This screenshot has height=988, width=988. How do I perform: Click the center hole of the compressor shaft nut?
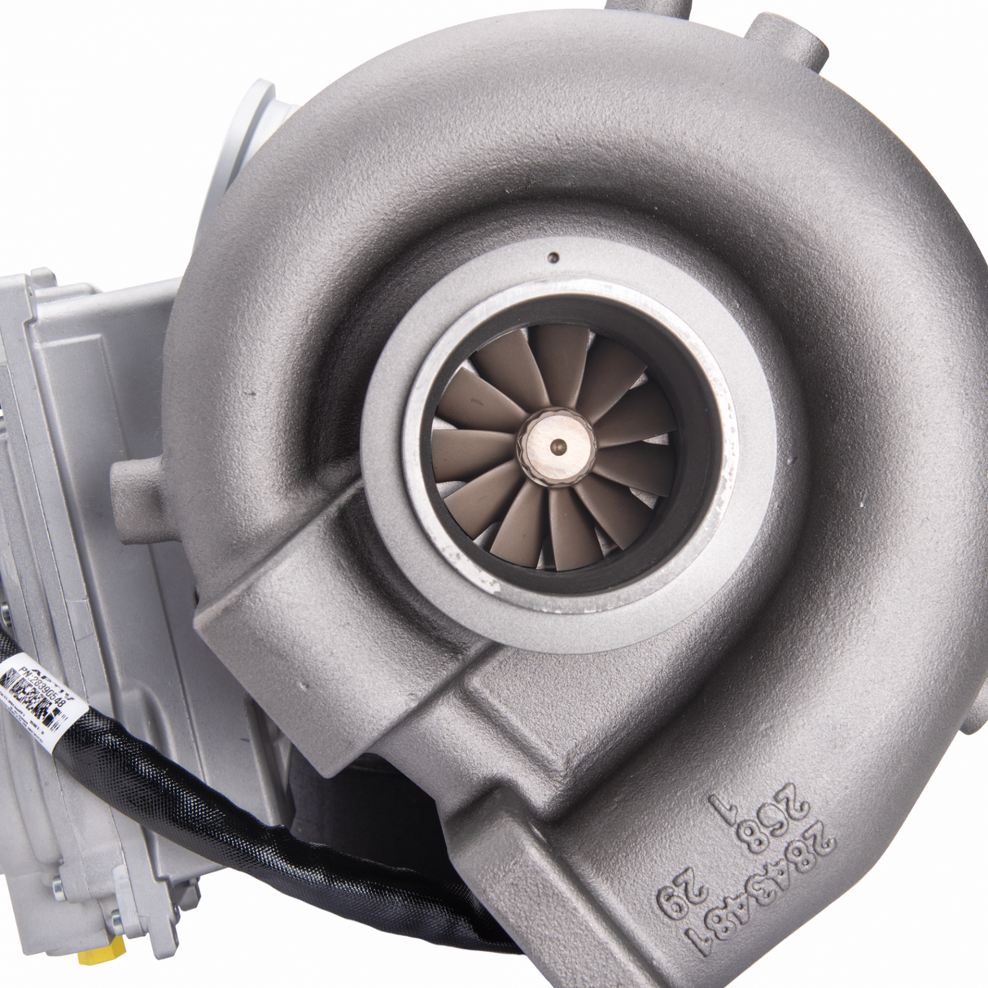(x=557, y=446)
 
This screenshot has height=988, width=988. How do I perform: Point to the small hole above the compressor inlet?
(x=553, y=259)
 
